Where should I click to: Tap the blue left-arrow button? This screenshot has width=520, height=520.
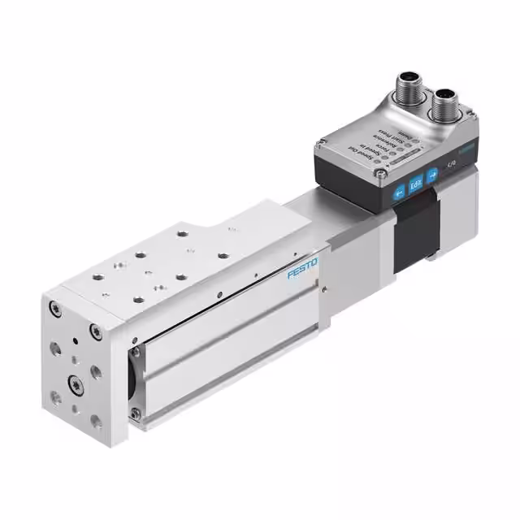click(x=399, y=192)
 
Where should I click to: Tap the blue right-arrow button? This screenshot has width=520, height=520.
click(x=432, y=172)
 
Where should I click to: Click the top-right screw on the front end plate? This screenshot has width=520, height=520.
click(x=95, y=331)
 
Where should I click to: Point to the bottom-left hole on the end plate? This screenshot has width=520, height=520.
click(x=55, y=397)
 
